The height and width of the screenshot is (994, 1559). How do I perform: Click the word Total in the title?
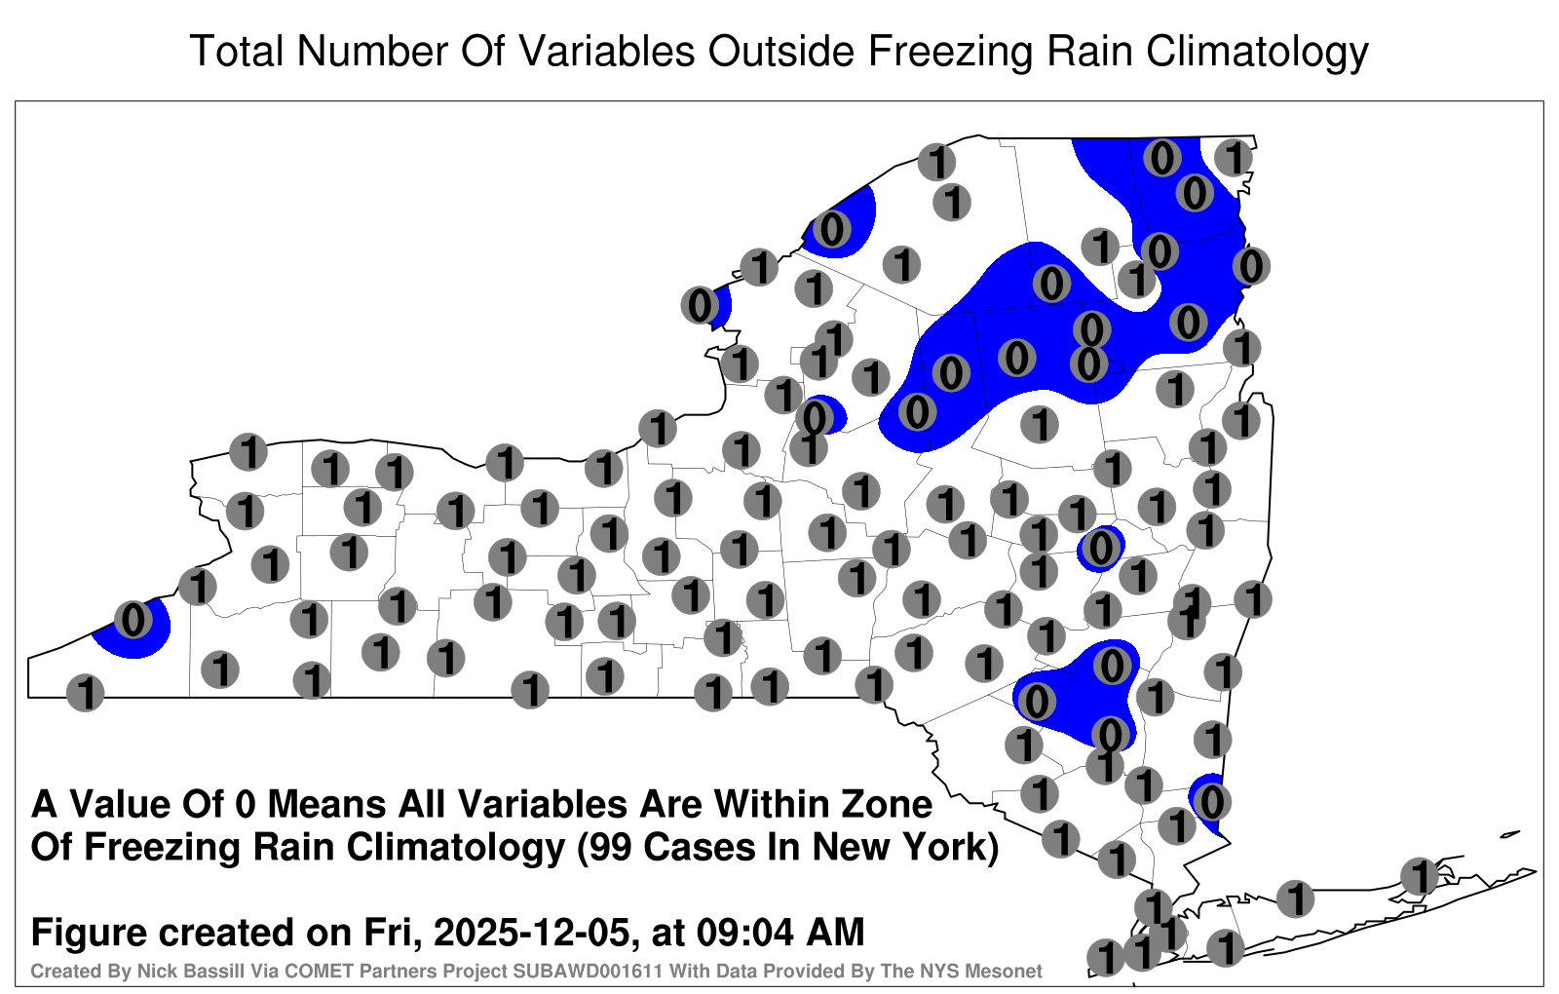click(238, 52)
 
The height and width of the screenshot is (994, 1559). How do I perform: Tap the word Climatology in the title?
click(1257, 53)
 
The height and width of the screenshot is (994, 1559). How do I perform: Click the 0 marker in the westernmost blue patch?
click(133, 620)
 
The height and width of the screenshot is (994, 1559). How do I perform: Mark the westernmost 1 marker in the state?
click(86, 693)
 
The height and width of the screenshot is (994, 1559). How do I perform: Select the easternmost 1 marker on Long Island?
click(1419, 876)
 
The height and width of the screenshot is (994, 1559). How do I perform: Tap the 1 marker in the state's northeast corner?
click(1234, 157)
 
